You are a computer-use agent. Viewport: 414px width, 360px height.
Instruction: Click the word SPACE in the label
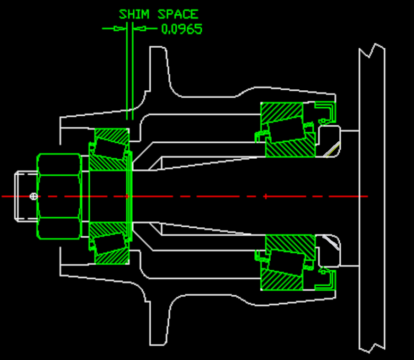pos(178,14)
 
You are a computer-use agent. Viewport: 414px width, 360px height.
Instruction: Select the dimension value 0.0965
pos(182,29)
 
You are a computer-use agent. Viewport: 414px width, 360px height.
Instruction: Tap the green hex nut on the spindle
pos(58,196)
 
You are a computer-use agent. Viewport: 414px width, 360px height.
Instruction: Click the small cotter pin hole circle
pos(34,196)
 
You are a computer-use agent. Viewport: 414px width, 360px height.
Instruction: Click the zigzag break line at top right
pos(372,51)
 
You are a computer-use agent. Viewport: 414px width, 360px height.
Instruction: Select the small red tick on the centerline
pos(265,196)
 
